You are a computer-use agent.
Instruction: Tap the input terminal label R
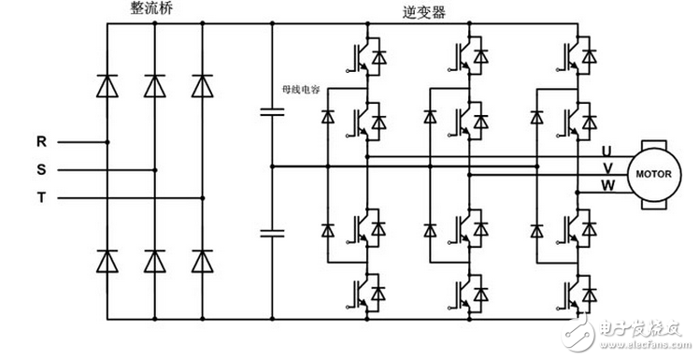(41, 142)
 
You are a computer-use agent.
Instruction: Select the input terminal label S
(41, 170)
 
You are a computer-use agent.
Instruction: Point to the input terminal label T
(41, 198)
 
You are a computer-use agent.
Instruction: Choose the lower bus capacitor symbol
(270, 231)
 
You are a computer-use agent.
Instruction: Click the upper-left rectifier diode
(107, 85)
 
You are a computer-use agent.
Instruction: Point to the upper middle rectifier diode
(155, 85)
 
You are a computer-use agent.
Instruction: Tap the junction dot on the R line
(107, 142)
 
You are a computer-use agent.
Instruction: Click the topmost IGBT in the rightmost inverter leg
(577, 56)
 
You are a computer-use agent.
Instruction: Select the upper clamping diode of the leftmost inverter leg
(327, 117)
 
